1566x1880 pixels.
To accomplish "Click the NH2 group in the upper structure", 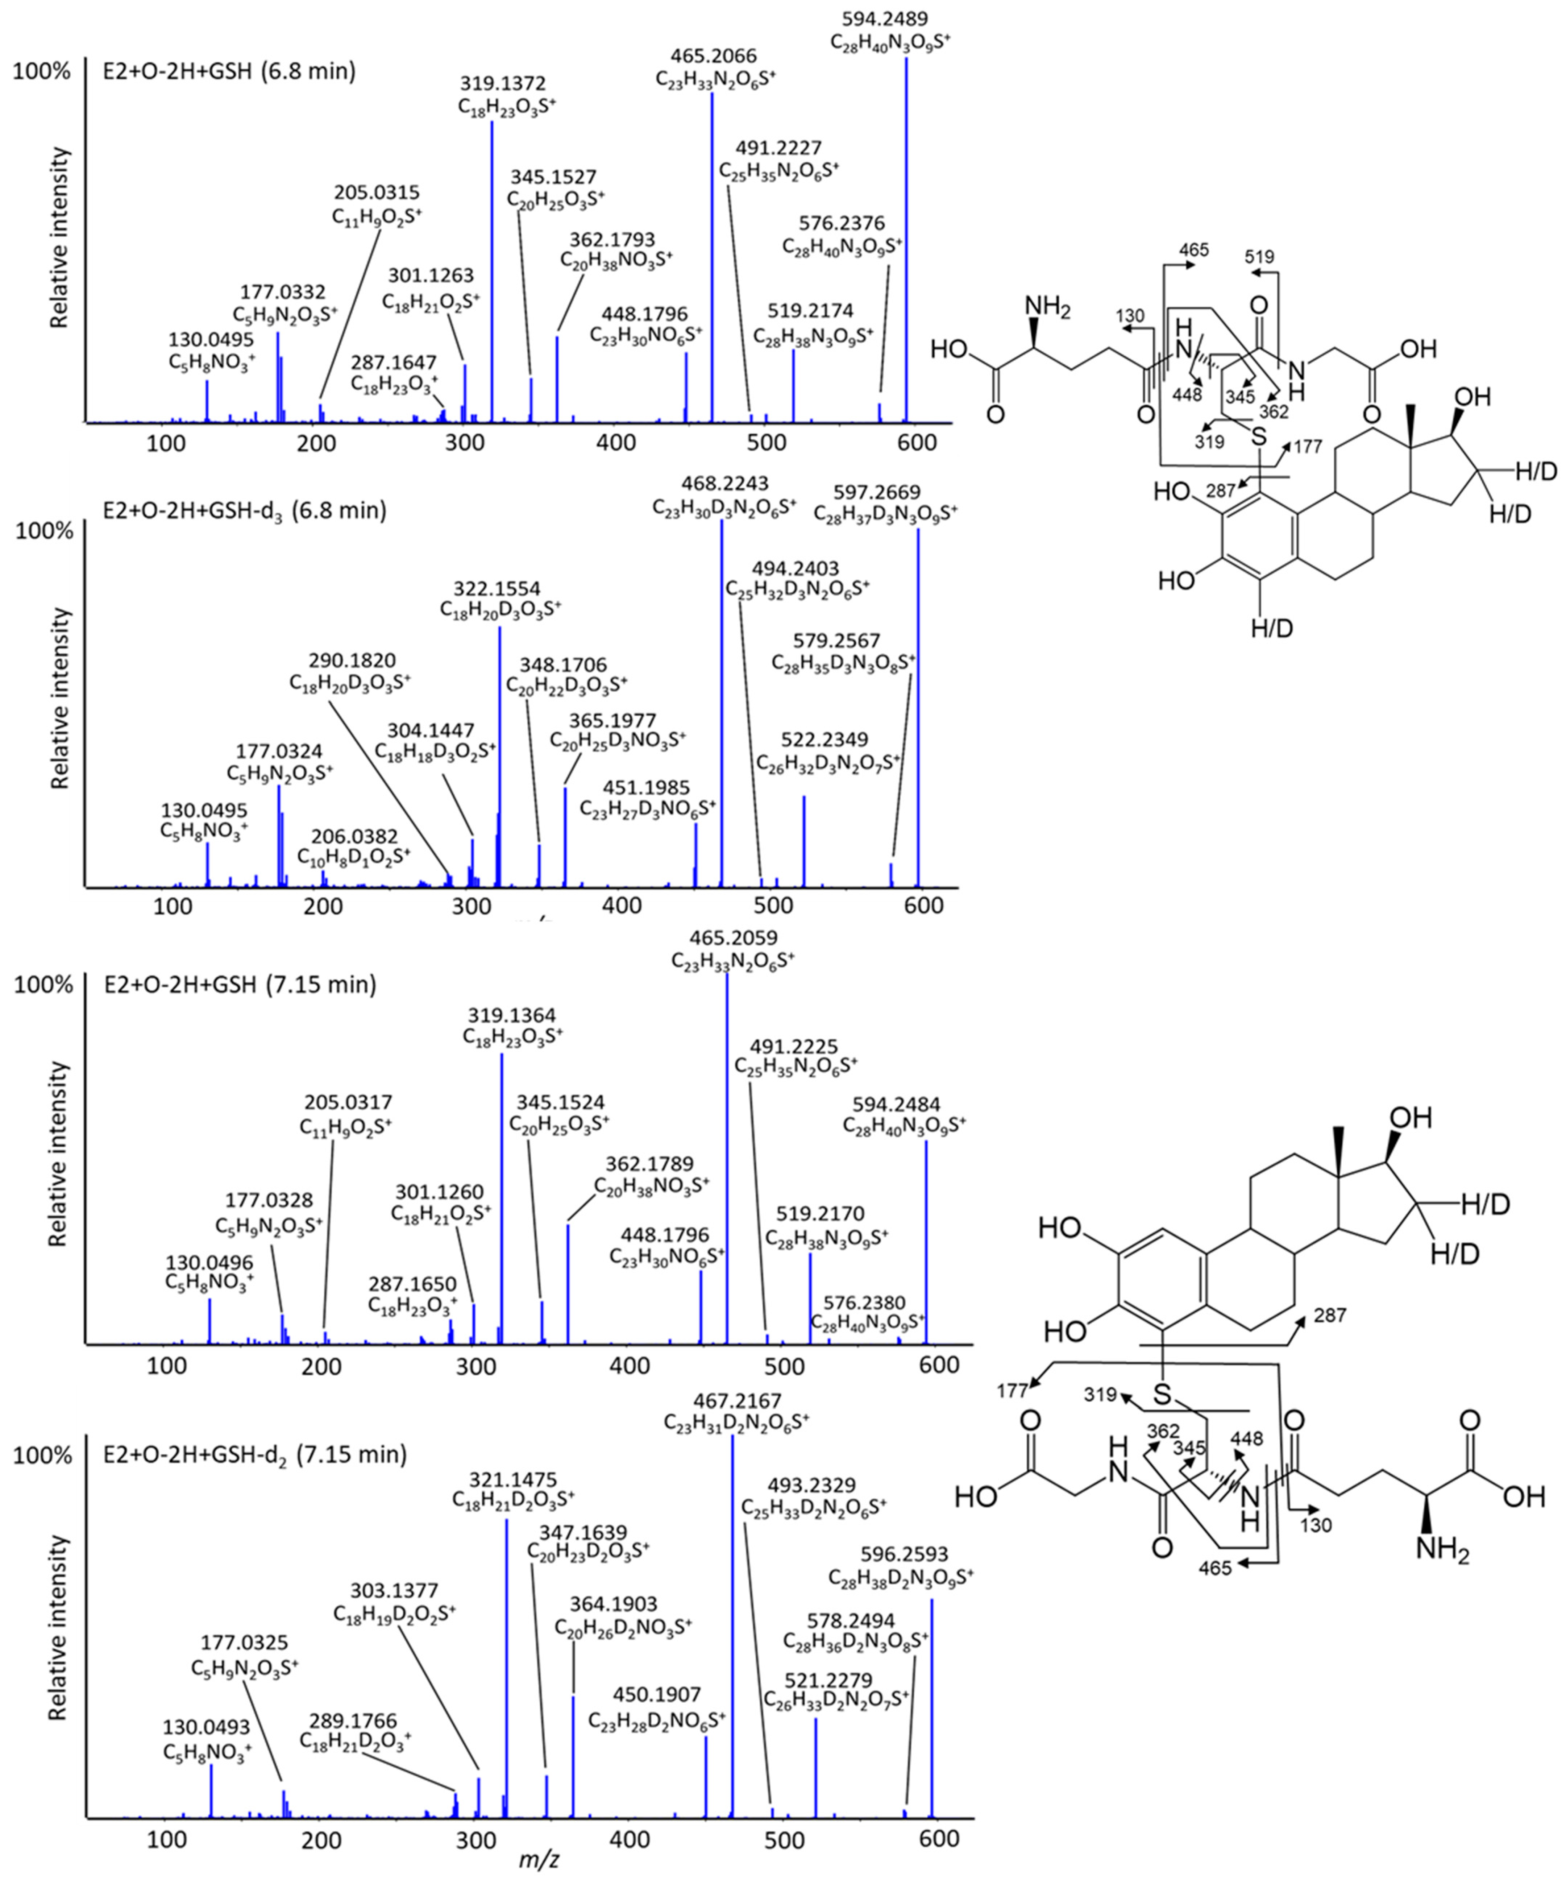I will [x=1049, y=306].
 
